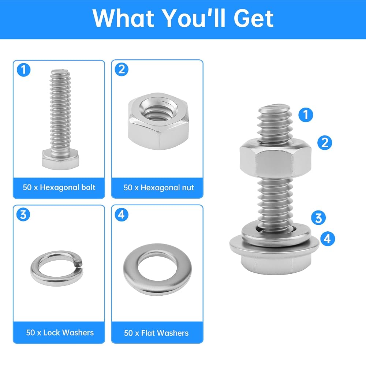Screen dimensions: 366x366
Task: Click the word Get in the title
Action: coord(254,18)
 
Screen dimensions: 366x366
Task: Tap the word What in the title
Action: coord(123,18)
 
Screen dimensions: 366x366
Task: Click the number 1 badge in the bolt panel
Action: coord(23,70)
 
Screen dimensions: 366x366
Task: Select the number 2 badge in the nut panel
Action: coord(122,70)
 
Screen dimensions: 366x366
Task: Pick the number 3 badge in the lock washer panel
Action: coord(23,214)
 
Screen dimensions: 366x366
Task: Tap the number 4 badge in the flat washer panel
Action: coord(122,214)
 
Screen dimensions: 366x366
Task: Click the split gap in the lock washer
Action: coord(78,263)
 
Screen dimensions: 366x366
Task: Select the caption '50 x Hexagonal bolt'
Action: coord(59,187)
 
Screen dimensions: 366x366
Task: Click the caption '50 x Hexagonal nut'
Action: coord(159,188)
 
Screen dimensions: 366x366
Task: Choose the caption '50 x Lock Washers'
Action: coord(60,333)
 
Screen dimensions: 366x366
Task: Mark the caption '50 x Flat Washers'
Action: coord(156,333)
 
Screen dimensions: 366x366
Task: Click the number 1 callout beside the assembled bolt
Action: coord(306,115)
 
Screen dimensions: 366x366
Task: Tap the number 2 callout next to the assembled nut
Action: coord(325,143)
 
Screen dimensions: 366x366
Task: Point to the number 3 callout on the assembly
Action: coord(318,218)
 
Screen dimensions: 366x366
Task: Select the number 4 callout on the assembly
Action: coord(328,239)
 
